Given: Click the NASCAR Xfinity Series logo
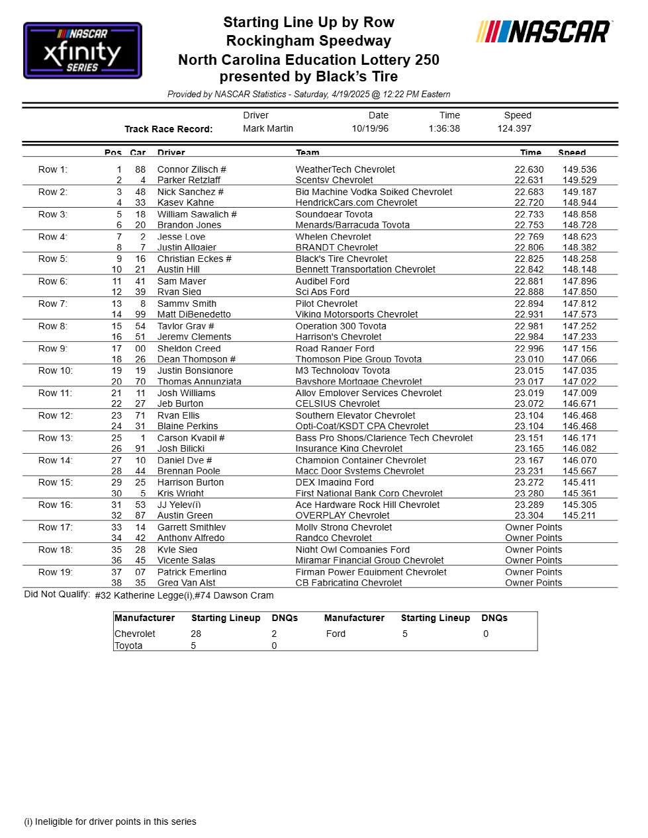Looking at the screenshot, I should [x=83, y=50].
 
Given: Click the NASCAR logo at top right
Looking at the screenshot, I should [x=543, y=32].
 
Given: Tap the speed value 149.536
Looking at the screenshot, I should [x=579, y=170].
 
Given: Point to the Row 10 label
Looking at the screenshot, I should [x=56, y=371].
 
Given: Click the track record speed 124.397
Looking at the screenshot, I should [x=514, y=129].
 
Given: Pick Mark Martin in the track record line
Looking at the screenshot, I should [x=267, y=129].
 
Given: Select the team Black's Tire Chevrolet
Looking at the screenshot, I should [x=342, y=259].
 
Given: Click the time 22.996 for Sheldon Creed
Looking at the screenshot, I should [x=529, y=349].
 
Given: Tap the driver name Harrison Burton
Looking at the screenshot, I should [x=191, y=483].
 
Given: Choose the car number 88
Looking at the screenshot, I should [x=140, y=170].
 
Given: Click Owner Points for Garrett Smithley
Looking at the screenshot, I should [x=533, y=528].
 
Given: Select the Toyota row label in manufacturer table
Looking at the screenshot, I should [x=128, y=646].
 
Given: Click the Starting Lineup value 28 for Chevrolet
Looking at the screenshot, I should [x=196, y=634].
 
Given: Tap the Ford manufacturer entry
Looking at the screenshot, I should [x=336, y=634].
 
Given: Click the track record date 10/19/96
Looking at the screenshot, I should [x=370, y=129].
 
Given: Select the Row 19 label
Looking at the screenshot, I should [x=56, y=572].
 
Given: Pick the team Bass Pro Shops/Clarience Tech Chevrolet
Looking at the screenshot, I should [x=384, y=439].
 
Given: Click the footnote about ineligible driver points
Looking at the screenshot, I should [x=111, y=822].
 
